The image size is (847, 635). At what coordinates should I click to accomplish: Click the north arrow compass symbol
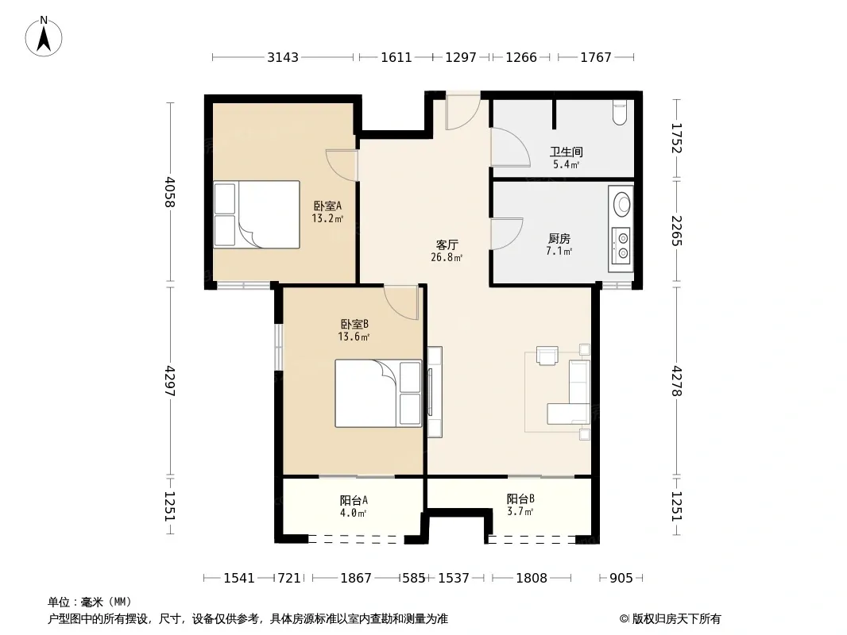(44, 37)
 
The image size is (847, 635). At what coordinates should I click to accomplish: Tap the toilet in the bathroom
(620, 112)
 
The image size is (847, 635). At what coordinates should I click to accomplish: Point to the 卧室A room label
(328, 206)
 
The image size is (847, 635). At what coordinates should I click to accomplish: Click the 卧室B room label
(354, 324)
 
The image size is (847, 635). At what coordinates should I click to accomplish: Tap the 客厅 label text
(447, 245)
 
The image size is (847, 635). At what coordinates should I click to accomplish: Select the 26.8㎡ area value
(447, 257)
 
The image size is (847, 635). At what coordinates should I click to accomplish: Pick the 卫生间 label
(566, 152)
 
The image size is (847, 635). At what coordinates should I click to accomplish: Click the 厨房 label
(559, 238)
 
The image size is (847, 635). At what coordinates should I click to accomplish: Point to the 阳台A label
(354, 500)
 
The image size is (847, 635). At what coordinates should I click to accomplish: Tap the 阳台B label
(520, 499)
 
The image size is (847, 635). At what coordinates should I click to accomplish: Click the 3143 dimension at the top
(283, 57)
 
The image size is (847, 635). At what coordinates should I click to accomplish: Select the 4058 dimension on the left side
(170, 191)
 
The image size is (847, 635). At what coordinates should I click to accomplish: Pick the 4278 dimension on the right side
(677, 382)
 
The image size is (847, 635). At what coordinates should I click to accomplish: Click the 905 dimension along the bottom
(621, 579)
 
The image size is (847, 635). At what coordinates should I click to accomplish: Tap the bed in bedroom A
(257, 215)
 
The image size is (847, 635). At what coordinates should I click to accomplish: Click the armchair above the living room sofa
(547, 356)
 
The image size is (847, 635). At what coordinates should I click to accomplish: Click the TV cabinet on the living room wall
(435, 391)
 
